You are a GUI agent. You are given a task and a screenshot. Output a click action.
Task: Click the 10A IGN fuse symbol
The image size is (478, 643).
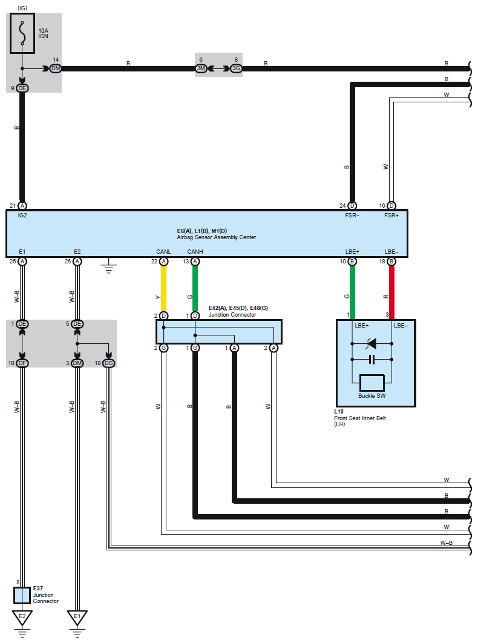(22, 34)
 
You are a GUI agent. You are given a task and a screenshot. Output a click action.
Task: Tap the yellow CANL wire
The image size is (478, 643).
(163, 288)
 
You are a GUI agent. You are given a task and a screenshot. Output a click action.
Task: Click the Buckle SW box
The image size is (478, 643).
(372, 383)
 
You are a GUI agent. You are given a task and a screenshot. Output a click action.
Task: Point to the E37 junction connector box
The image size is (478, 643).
(22, 596)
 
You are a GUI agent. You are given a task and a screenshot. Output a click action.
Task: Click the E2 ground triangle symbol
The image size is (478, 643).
(22, 618)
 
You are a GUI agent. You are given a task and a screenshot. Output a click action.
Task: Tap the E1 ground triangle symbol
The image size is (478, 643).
(77, 618)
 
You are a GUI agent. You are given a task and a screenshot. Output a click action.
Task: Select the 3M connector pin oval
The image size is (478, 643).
(201, 68)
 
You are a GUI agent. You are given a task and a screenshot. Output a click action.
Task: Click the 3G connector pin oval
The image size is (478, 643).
(235, 68)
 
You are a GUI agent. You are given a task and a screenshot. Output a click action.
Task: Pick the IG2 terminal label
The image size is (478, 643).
(22, 216)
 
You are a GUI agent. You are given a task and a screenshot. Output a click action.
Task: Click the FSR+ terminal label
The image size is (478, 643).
(391, 216)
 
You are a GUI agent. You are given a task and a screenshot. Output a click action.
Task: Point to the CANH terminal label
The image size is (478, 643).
(195, 251)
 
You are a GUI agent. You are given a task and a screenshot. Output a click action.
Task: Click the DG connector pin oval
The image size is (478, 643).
(108, 363)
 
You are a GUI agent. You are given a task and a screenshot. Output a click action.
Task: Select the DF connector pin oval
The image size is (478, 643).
(22, 363)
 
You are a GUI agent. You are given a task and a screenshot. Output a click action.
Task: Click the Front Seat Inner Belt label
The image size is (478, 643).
(361, 418)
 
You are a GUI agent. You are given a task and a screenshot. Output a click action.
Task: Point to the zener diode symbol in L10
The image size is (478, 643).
(372, 344)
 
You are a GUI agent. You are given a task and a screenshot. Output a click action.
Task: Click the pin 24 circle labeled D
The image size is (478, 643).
(352, 206)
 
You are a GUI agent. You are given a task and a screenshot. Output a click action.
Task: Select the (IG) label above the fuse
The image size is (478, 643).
(22, 7)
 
